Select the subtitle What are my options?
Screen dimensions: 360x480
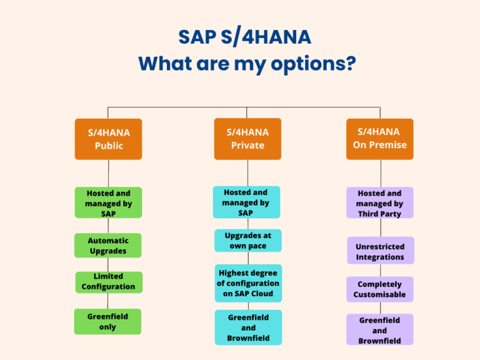point(247,64)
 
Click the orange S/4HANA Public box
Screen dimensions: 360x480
point(108,139)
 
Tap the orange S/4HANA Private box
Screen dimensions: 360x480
point(247,138)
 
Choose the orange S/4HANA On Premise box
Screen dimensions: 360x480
point(379,138)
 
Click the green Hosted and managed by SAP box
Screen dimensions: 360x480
point(108,202)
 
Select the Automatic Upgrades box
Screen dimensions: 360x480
point(107,245)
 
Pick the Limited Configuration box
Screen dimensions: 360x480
point(108,282)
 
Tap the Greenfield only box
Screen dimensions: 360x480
point(107,321)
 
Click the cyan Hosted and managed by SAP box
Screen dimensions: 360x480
point(246,202)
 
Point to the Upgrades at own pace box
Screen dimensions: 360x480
point(247,241)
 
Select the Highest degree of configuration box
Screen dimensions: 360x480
point(248,283)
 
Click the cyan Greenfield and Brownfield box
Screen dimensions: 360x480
point(248,327)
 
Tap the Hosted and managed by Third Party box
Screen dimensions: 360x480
point(379,203)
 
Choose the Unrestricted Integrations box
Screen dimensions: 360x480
point(380,251)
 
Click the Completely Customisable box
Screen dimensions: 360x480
point(379,289)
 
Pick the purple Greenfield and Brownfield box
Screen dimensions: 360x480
point(379,330)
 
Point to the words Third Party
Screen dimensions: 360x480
point(379,214)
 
